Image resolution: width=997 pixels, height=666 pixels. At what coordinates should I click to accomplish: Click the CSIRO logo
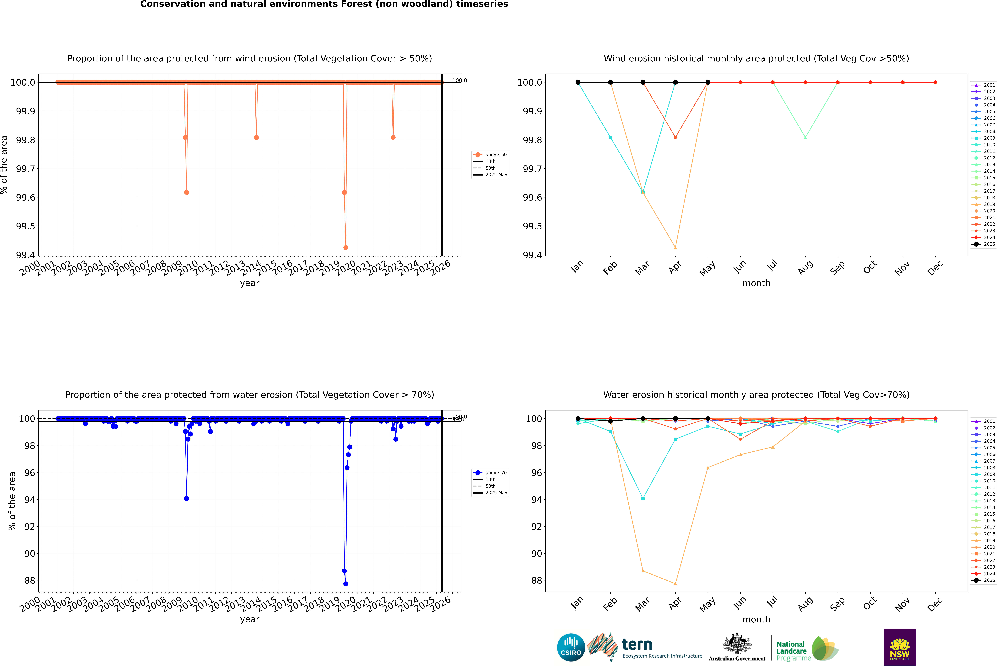(571, 647)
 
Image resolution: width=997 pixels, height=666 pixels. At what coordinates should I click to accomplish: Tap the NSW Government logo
(900, 647)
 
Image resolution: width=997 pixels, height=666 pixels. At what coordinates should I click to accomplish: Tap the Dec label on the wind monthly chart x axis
(935, 268)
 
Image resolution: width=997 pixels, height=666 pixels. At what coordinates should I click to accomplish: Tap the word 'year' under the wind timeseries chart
(249, 283)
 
